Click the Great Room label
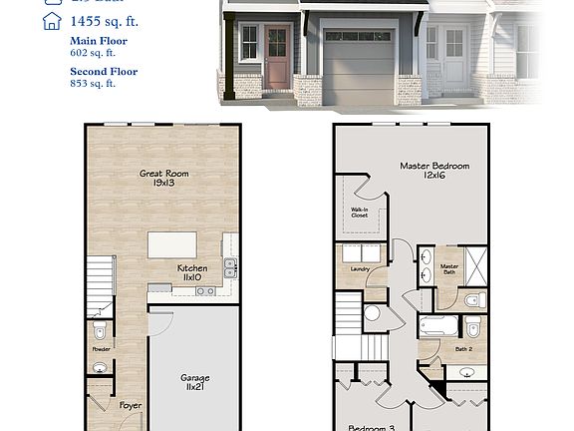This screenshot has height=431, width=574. (x=163, y=179)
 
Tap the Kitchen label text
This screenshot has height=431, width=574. (x=192, y=273)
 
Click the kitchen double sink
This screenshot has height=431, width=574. (x=230, y=266)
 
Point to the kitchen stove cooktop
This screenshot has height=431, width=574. (x=205, y=290)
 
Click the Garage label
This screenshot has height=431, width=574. (x=194, y=383)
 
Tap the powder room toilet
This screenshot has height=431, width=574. (x=99, y=330)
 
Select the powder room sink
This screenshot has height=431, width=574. (x=100, y=367)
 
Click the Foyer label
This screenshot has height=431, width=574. (x=131, y=406)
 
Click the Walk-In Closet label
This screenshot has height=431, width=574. (x=360, y=213)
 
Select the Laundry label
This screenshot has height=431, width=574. (x=360, y=268)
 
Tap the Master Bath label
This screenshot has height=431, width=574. (x=449, y=269)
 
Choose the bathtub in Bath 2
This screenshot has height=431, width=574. (x=437, y=325)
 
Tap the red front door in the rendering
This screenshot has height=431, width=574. (x=278, y=58)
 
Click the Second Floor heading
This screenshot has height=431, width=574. (x=104, y=72)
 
